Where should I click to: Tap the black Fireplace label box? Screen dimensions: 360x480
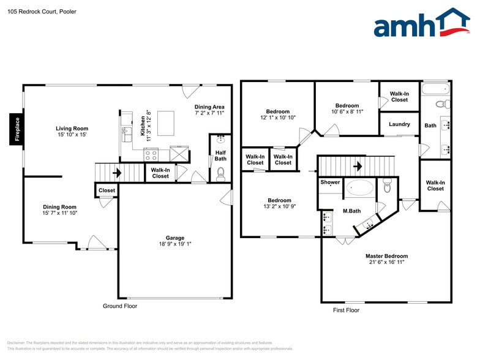(17, 129)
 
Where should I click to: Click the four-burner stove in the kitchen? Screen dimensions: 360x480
(151, 155)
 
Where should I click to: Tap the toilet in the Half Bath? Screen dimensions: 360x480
(220, 173)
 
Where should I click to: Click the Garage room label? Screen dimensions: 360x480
(175, 238)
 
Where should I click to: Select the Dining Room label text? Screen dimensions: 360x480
(59, 207)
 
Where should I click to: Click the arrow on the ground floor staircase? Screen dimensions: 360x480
(116, 173)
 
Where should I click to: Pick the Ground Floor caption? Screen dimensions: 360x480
(120, 306)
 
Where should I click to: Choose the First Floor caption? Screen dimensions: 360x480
(347, 310)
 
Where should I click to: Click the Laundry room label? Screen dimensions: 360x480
(399, 124)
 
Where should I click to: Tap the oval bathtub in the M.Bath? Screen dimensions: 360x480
(359, 188)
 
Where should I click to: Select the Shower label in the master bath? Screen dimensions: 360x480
(330, 182)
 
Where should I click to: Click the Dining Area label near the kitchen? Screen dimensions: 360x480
(209, 107)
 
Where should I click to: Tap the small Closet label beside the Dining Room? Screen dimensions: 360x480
(107, 190)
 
